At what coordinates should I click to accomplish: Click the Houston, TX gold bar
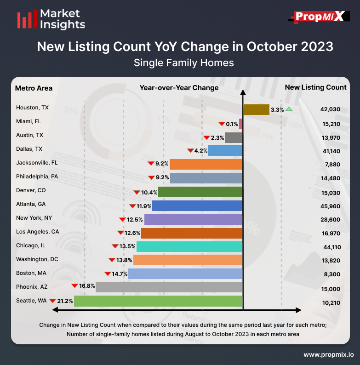tap(256, 109)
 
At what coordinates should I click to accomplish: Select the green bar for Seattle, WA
tap(158, 301)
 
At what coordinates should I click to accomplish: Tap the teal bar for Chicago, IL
tap(189, 246)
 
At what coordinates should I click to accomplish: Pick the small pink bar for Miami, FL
tap(241, 124)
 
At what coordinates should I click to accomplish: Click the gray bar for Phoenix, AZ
tap(169, 287)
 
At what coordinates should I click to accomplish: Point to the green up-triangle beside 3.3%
tap(289, 109)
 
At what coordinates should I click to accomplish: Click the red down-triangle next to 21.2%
tap(52, 301)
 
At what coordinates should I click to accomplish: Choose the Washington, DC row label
tap(37, 259)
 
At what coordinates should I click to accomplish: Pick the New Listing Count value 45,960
tap(331, 205)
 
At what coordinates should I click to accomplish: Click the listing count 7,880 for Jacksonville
tap(331, 164)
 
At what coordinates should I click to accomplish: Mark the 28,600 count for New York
tap(331, 219)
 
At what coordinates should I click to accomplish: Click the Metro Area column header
tap(34, 88)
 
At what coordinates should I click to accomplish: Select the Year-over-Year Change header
tap(179, 88)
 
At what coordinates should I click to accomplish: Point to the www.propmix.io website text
tap(328, 354)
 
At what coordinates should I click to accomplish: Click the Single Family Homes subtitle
tap(183, 63)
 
